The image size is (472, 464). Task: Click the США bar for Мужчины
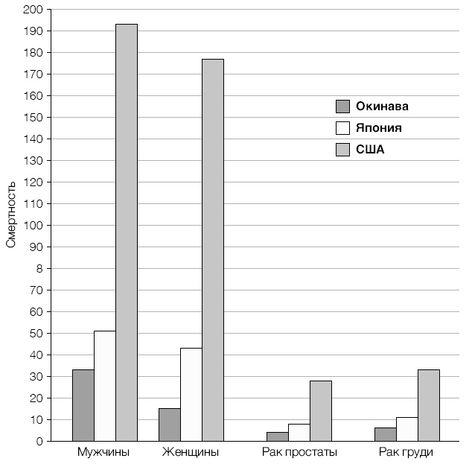point(127,232)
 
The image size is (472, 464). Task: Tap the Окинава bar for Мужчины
point(83,405)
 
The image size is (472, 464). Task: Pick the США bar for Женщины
point(213,250)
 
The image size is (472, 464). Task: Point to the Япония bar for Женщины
point(191,395)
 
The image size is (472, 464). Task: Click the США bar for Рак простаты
point(321,411)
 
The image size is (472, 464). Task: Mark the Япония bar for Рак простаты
point(299,433)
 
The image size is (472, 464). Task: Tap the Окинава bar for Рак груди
point(385,434)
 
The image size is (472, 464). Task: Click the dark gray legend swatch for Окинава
point(342,107)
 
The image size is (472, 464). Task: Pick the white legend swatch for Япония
point(342,128)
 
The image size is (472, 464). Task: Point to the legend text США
point(370,150)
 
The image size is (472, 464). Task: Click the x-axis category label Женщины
point(191,452)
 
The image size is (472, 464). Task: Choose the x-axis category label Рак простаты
point(299,452)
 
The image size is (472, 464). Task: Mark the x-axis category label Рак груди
point(406,452)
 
